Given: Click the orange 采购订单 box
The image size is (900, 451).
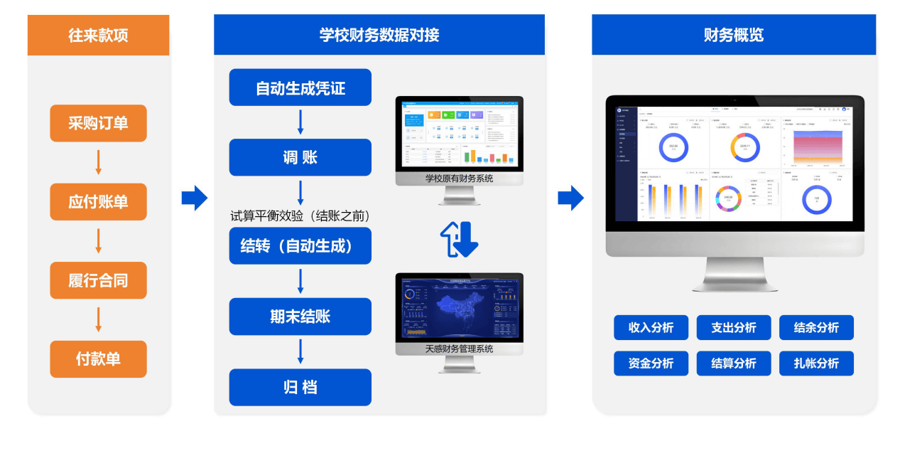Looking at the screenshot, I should pos(98,123).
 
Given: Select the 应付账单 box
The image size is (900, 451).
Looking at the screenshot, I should pos(98,201).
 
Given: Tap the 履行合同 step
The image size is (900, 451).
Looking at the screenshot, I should pos(98,280).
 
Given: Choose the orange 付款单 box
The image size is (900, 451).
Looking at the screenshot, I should pos(98,359).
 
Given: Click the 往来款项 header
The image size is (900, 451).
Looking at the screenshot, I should pos(98,35).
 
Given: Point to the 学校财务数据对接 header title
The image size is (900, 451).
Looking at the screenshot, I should pos(379,35).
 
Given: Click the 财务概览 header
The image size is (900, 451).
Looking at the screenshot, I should pos(734,35).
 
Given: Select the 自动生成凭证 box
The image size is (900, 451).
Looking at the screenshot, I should pos(300,87).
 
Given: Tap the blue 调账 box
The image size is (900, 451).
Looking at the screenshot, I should pos(300,157).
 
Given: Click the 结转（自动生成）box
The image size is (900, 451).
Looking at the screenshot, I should pos(300,246).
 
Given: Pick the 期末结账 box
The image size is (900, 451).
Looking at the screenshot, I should pos(300,317).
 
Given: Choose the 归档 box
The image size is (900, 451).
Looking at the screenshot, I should pos(300,387).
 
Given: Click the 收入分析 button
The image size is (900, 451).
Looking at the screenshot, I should pos(651,328).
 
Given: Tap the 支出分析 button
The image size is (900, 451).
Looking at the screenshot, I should pos(734,328).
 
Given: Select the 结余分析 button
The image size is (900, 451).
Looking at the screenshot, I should pos(816,328).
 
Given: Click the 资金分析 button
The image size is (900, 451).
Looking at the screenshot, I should pos(651,364).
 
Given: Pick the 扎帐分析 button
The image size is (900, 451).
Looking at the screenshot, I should pos(816,364).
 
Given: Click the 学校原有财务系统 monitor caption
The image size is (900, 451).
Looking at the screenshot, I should pos(459,179).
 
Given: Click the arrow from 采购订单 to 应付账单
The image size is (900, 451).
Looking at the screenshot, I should pos(98,162).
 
